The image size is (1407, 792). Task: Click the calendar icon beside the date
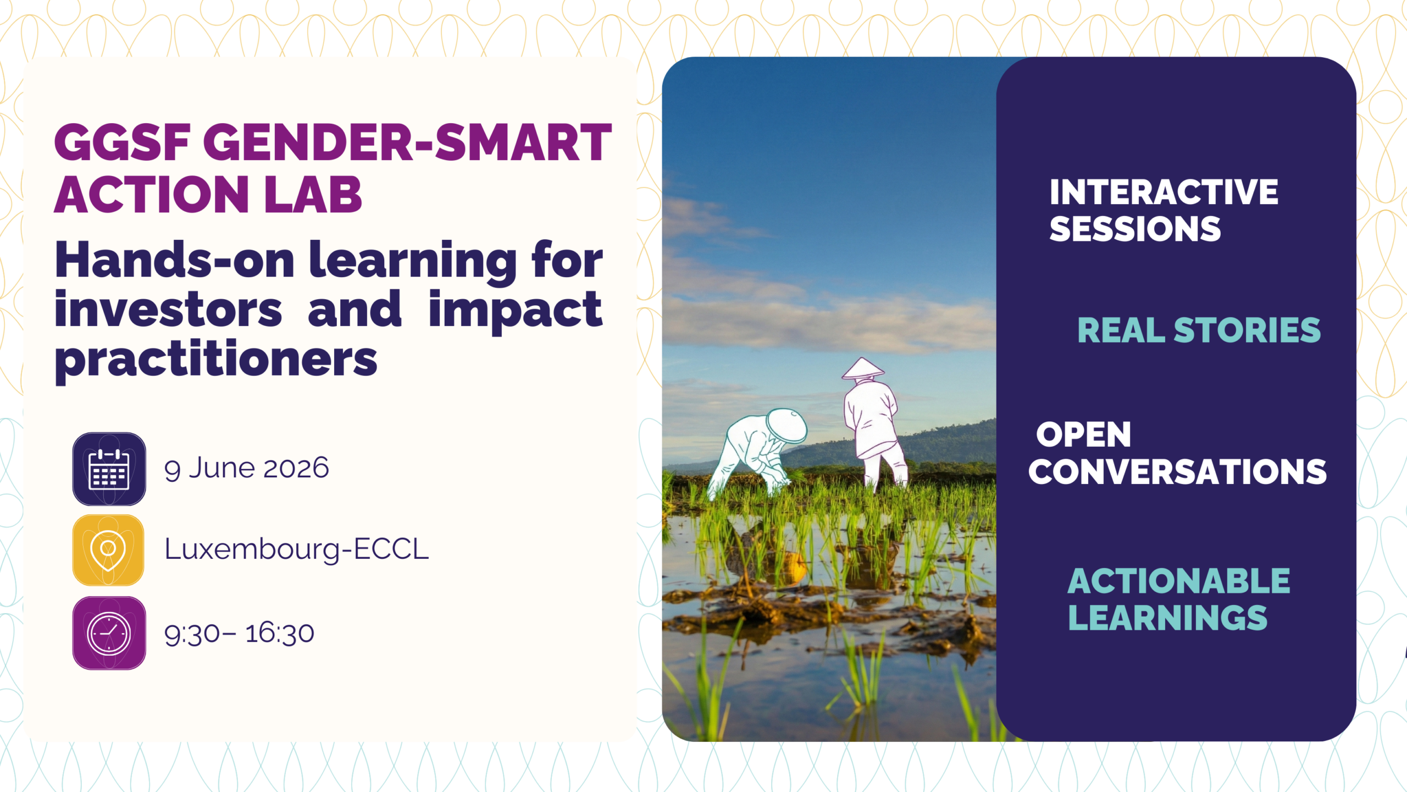(109, 469)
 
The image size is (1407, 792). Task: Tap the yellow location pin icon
(108, 550)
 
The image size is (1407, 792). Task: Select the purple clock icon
(109, 633)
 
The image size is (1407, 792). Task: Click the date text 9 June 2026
(246, 469)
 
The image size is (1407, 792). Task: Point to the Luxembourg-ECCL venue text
(296, 549)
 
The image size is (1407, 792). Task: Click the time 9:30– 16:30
(239, 633)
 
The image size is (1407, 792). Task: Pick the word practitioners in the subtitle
(216, 360)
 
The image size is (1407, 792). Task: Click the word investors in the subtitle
(168, 310)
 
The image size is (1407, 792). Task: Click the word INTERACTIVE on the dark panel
(1164, 192)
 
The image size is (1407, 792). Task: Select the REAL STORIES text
(1199, 330)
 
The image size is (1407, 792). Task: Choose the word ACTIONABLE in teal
(1178, 581)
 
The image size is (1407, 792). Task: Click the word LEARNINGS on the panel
(1167, 618)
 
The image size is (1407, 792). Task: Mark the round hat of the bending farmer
(787, 426)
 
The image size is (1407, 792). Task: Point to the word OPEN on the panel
(1083, 435)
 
